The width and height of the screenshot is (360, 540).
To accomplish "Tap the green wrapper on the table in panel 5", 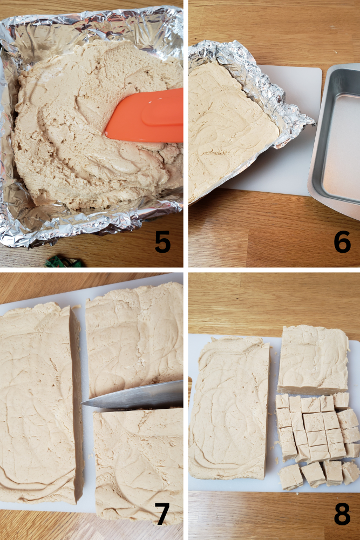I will [x=64, y=262].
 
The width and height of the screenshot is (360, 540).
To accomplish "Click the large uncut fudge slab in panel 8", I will [x=229, y=408].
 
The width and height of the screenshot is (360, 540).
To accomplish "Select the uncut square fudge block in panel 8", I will [x=313, y=359].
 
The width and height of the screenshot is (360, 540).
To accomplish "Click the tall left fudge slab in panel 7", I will [x=38, y=405].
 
